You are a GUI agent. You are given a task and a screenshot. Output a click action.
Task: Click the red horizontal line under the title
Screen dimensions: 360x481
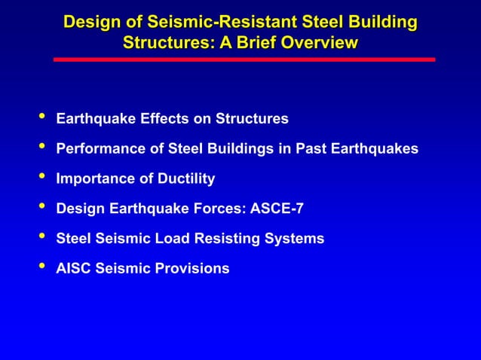tap(244, 59)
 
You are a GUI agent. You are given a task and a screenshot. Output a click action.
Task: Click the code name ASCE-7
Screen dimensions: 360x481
tap(276, 209)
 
